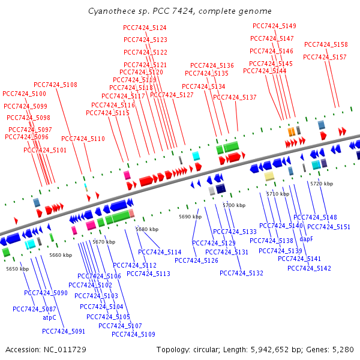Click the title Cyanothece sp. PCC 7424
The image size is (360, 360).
click(179, 11)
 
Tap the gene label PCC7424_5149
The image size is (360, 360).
click(274, 26)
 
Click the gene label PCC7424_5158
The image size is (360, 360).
click(326, 45)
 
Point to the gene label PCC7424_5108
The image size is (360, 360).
click(55, 85)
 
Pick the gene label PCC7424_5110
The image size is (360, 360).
click(83, 139)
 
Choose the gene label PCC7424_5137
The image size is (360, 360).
click(235, 98)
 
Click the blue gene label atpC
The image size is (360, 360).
click(49, 318)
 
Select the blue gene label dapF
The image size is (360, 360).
click(306, 239)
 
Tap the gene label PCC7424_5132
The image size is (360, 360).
click(241, 274)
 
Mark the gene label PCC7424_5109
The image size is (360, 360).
click(133, 335)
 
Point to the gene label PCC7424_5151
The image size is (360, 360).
click(328, 227)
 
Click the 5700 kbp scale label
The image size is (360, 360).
click(234, 205)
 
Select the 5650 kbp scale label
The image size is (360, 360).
click(17, 269)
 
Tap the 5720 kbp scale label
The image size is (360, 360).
click(321, 183)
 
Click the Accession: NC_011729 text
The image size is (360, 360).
click(46, 349)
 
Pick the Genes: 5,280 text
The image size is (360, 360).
click(331, 349)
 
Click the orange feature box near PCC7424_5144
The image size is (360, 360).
click(291, 131)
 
